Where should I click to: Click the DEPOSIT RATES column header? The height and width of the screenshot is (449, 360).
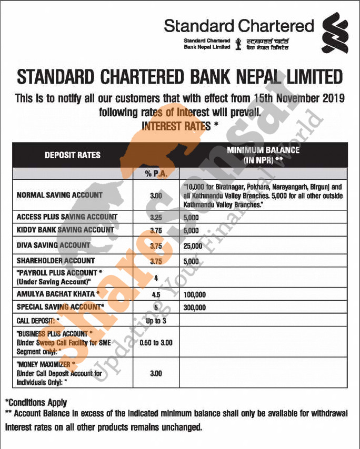coord(73,155)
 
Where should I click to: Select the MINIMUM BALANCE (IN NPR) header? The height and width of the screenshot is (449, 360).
coord(263,155)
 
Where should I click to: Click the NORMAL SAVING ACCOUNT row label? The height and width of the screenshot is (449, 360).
coord(59,195)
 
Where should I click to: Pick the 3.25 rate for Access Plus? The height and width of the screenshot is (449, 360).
coord(156,217)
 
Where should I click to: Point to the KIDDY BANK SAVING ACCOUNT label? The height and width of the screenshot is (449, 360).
coord(65,230)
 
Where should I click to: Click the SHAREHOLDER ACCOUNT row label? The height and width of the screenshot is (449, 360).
coord(56,260)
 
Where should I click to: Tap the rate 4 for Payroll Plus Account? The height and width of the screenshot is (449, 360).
coord(156,277)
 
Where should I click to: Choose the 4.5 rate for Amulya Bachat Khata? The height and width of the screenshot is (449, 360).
coord(156,294)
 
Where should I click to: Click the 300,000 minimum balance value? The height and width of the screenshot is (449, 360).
coord(195,308)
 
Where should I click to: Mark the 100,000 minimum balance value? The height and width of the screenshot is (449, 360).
coord(195,294)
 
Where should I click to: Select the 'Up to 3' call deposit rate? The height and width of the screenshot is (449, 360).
coord(156,320)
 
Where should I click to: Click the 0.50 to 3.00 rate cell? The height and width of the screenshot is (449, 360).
coord(156,342)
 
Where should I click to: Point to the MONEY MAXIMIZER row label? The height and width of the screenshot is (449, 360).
coord(46,364)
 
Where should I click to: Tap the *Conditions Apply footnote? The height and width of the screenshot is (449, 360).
coord(36,403)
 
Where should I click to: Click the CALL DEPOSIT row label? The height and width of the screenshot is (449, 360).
coord(38,320)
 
